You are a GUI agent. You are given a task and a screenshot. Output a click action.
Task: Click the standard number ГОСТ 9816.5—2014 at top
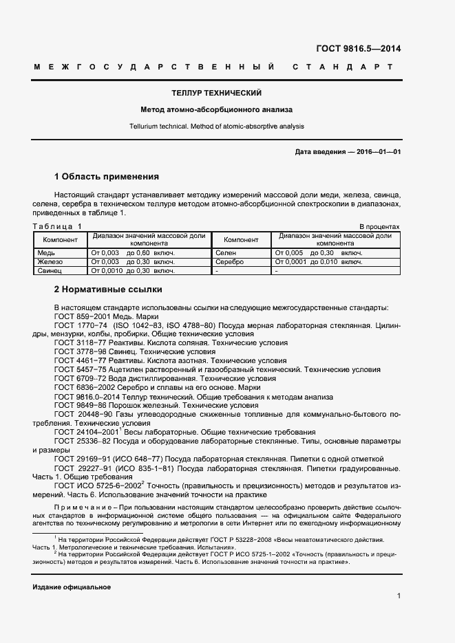click(358, 48)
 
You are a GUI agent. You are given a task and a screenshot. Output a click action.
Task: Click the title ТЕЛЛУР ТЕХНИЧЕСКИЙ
click(216, 92)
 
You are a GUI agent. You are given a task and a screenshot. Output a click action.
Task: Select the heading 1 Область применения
click(106, 176)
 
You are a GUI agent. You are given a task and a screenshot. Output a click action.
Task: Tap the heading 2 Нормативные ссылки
click(107, 289)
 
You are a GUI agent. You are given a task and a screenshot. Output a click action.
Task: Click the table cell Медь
click(45, 253)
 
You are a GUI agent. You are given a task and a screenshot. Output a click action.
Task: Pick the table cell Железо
click(50, 262)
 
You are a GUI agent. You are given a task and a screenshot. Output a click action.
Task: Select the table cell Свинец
click(50, 271)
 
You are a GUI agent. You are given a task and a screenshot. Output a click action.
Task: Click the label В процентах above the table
click(379, 226)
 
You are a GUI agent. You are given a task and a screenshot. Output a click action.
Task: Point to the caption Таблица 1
click(57, 226)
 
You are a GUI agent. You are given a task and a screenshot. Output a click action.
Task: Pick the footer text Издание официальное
click(72, 587)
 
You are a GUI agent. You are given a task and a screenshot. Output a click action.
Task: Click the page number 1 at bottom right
click(399, 596)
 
